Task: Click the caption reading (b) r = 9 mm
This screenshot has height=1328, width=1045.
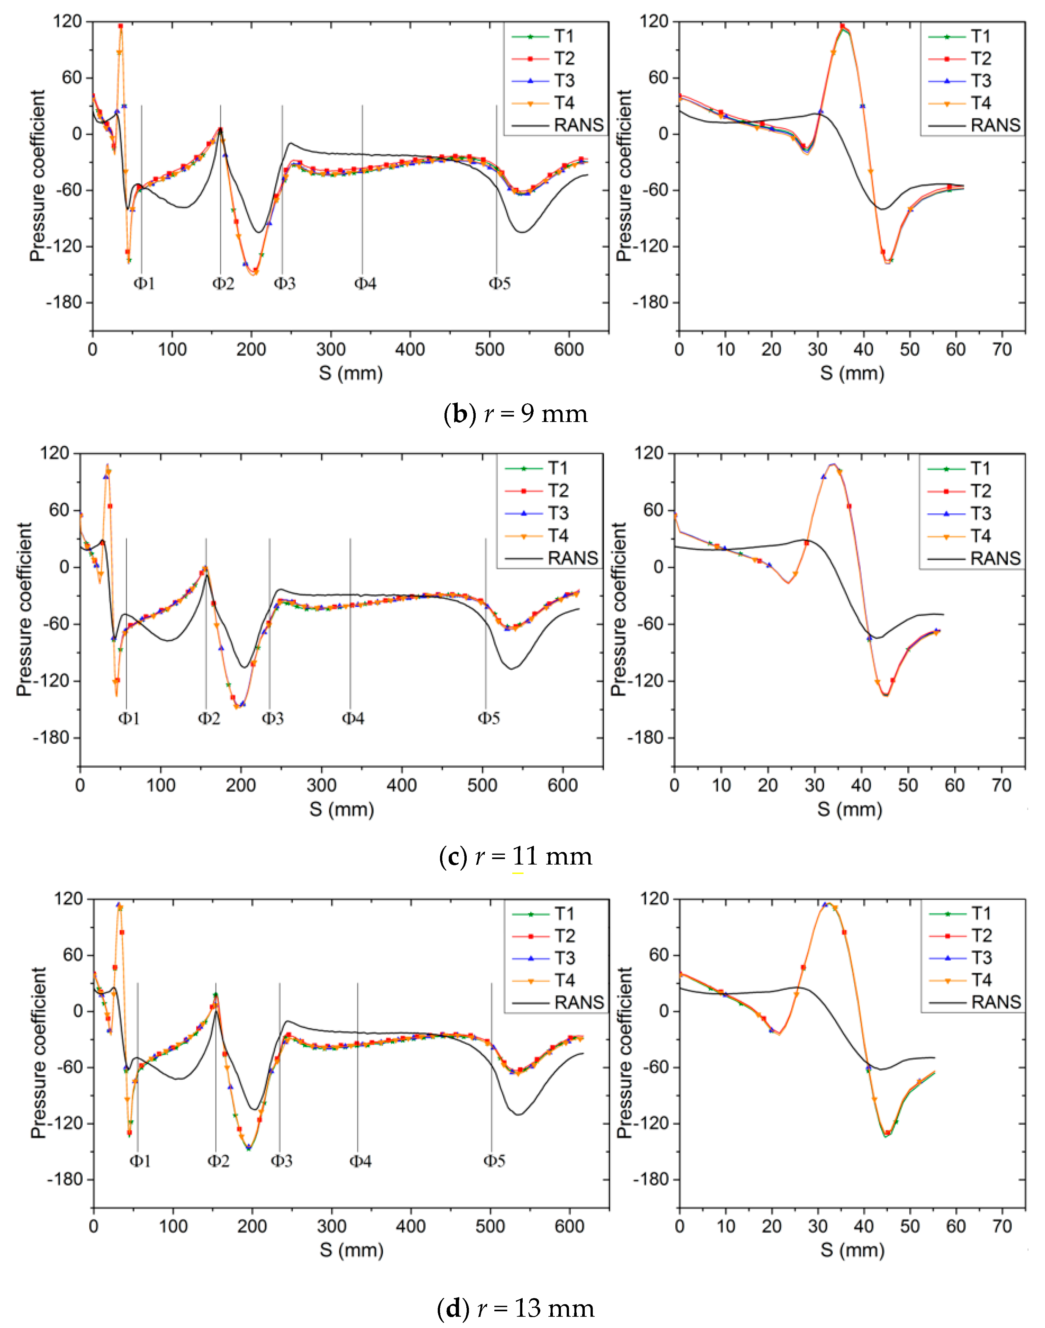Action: [515, 414]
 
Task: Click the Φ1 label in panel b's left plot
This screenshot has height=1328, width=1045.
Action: [144, 283]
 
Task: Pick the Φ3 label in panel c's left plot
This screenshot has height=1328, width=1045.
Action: [273, 718]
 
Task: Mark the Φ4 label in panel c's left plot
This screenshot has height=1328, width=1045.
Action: [353, 718]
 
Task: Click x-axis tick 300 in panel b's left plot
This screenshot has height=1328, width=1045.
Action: [331, 349]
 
